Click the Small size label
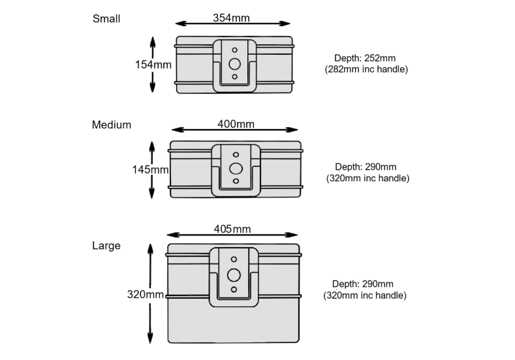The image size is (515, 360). [x=106, y=19]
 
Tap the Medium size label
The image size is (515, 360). [x=112, y=125]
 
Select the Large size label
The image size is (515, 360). [x=106, y=246]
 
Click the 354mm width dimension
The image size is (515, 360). [x=231, y=18]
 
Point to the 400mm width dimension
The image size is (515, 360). [x=236, y=124]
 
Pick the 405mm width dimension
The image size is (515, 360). [x=232, y=229]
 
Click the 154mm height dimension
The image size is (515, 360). [x=153, y=65]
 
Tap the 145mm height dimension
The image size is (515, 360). [x=150, y=170]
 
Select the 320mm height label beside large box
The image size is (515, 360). [x=146, y=294]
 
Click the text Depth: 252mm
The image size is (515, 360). [x=365, y=58]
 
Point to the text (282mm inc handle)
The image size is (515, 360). [x=366, y=70]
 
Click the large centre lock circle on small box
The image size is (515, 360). [x=234, y=64]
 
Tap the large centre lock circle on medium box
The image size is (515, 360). [x=236, y=169]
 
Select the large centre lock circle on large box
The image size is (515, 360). [x=234, y=275]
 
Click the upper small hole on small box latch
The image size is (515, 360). [x=234, y=50]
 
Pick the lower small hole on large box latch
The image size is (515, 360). [x=234, y=290]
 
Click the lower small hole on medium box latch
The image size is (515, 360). [x=236, y=181]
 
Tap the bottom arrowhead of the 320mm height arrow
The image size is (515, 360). [x=150, y=338]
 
